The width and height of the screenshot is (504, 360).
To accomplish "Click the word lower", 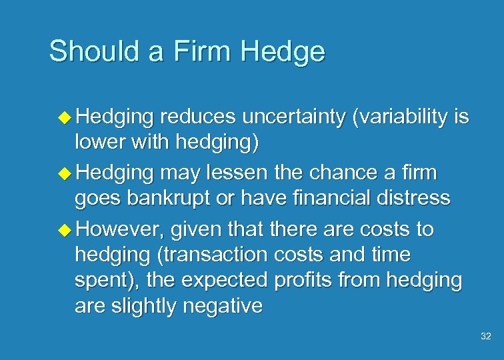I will tap(97, 142).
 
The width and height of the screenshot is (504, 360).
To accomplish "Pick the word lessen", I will tap(246, 173).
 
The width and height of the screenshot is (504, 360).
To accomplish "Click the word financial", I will tap(323, 198).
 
